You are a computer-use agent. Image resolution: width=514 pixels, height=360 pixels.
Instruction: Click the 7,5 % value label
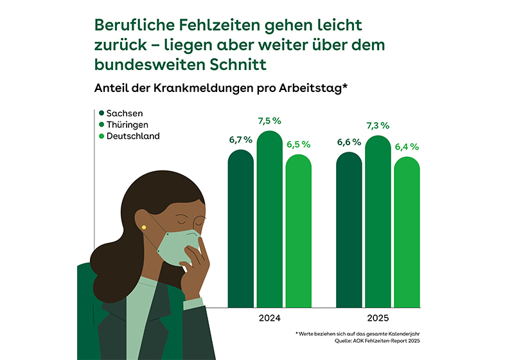270,121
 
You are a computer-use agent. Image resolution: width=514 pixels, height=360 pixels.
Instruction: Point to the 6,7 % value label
241,140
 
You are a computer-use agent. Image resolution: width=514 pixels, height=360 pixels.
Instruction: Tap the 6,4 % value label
407,147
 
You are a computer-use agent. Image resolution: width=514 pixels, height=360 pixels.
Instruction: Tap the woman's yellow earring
145,227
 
